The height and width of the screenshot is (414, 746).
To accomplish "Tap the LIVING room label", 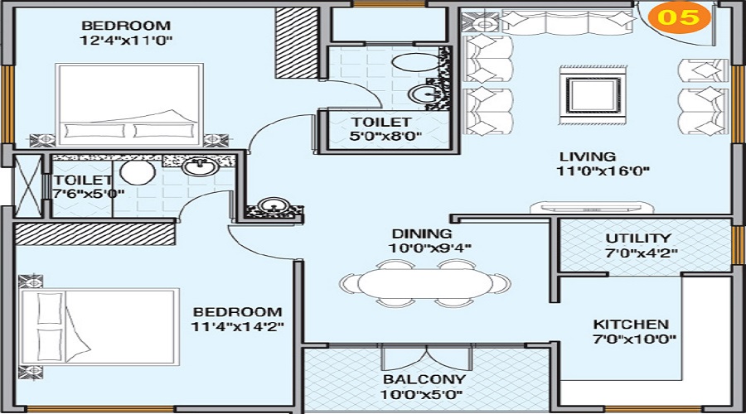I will click(587, 156).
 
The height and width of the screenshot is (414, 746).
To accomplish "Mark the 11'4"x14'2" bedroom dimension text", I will click(239, 326).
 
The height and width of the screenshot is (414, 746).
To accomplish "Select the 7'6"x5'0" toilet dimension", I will click(89, 194).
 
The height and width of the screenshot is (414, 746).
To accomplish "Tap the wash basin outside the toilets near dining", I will click(270, 206).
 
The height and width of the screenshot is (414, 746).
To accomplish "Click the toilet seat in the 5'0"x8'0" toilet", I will click(408, 63).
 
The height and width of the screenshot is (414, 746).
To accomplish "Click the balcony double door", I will click(425, 358).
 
